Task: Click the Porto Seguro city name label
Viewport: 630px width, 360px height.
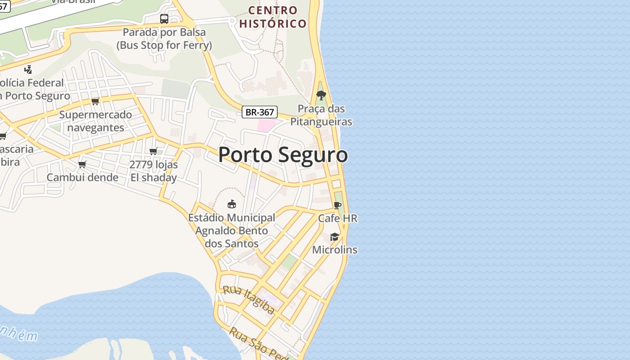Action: [283, 155]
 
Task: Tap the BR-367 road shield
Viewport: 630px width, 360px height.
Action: [259, 112]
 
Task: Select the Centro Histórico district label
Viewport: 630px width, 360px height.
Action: [273, 17]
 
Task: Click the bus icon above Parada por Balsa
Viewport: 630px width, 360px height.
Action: [164, 19]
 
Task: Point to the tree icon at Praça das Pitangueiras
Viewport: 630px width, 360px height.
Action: [321, 95]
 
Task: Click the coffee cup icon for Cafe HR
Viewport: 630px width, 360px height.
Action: [337, 206]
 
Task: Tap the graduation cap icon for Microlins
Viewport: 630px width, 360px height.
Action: [334, 237]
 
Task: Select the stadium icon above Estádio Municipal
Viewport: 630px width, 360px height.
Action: [232, 204]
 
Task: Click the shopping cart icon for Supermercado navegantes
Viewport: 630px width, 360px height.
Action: [95, 101]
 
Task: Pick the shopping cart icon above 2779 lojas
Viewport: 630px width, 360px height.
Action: [153, 151]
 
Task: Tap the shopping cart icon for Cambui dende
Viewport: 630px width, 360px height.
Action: [82, 164]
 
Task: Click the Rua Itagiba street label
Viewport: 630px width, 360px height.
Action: [249, 299]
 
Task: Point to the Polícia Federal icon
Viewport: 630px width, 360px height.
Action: [28, 69]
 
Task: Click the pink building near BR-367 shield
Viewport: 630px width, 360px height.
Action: [265, 125]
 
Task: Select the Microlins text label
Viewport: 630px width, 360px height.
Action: [335, 250]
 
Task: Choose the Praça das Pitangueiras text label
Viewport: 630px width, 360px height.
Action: [321, 115]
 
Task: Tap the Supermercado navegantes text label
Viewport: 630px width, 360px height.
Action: [95, 121]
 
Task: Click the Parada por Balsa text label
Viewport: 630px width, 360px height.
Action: [164, 39]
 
